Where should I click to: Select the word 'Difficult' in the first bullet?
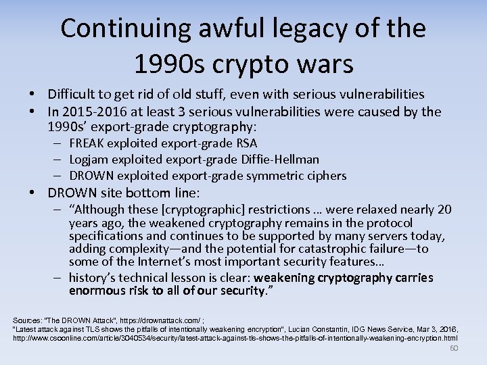pyautogui.click(x=72, y=95)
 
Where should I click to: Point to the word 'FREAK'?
pyautogui.click(x=86, y=143)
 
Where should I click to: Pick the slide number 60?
pyautogui.click(x=454, y=348)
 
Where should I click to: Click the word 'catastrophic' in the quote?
pyautogui.click(x=346, y=249)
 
